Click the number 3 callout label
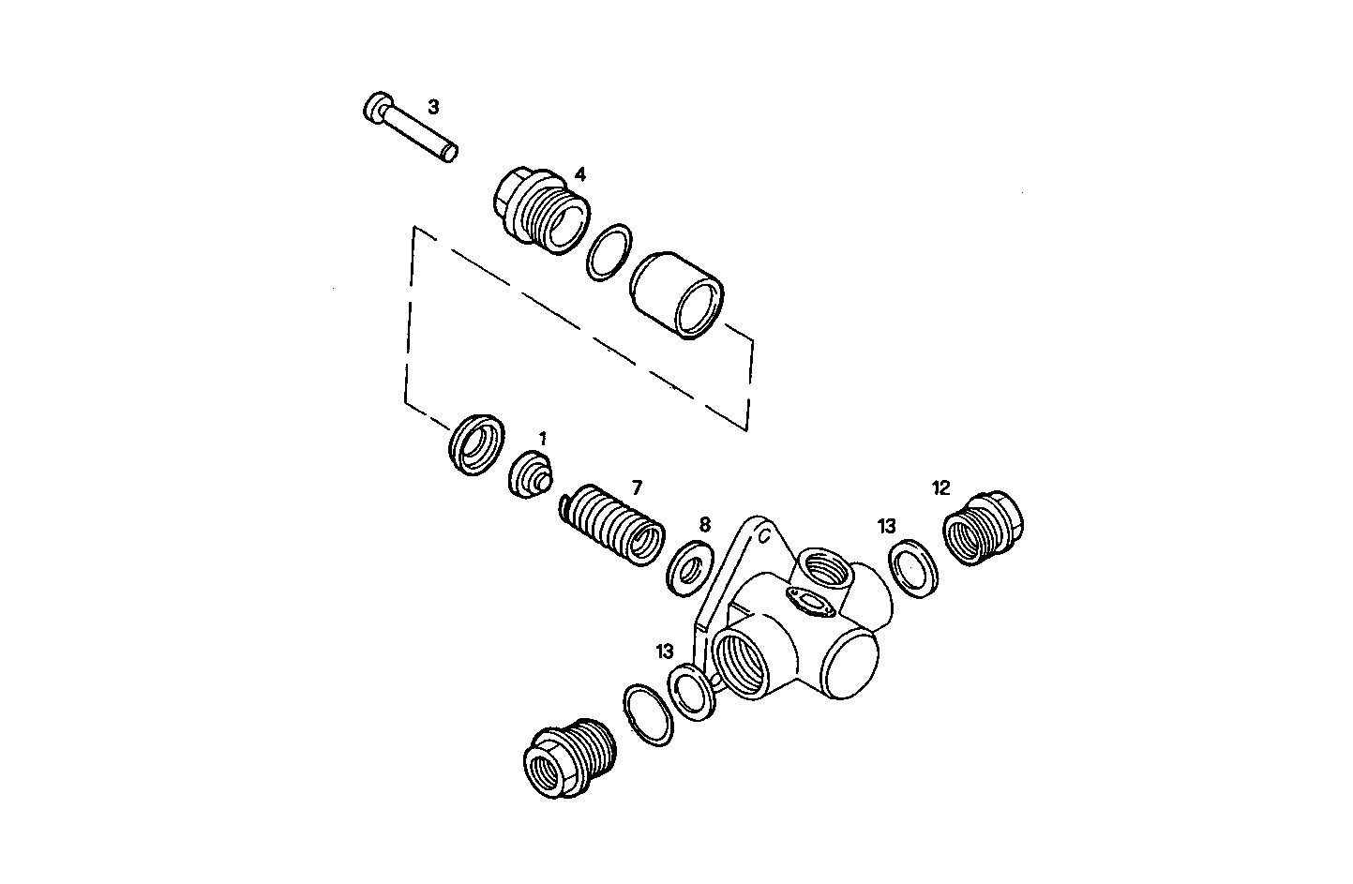tap(433, 107)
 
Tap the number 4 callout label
tap(580, 174)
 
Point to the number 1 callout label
tap(542, 438)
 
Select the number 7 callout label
tap(637, 487)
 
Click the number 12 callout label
tap(941, 487)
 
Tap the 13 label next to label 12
tap(887, 526)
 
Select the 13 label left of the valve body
tap(665, 651)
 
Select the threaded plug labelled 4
tap(540, 213)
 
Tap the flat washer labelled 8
tap(689, 567)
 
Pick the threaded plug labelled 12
tap(983, 530)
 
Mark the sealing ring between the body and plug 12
tap(912, 569)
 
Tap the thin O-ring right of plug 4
tap(610, 251)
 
